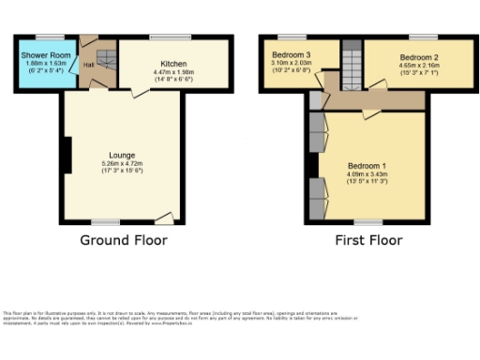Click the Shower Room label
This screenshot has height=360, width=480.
40,55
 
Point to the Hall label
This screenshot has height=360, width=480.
88,64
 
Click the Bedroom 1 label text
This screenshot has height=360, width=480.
367,166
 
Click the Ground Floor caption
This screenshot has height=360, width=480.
125,240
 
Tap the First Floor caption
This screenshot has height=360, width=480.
368,240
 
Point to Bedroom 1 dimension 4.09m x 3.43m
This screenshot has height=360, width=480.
367,175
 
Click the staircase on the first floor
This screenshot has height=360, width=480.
351,66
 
